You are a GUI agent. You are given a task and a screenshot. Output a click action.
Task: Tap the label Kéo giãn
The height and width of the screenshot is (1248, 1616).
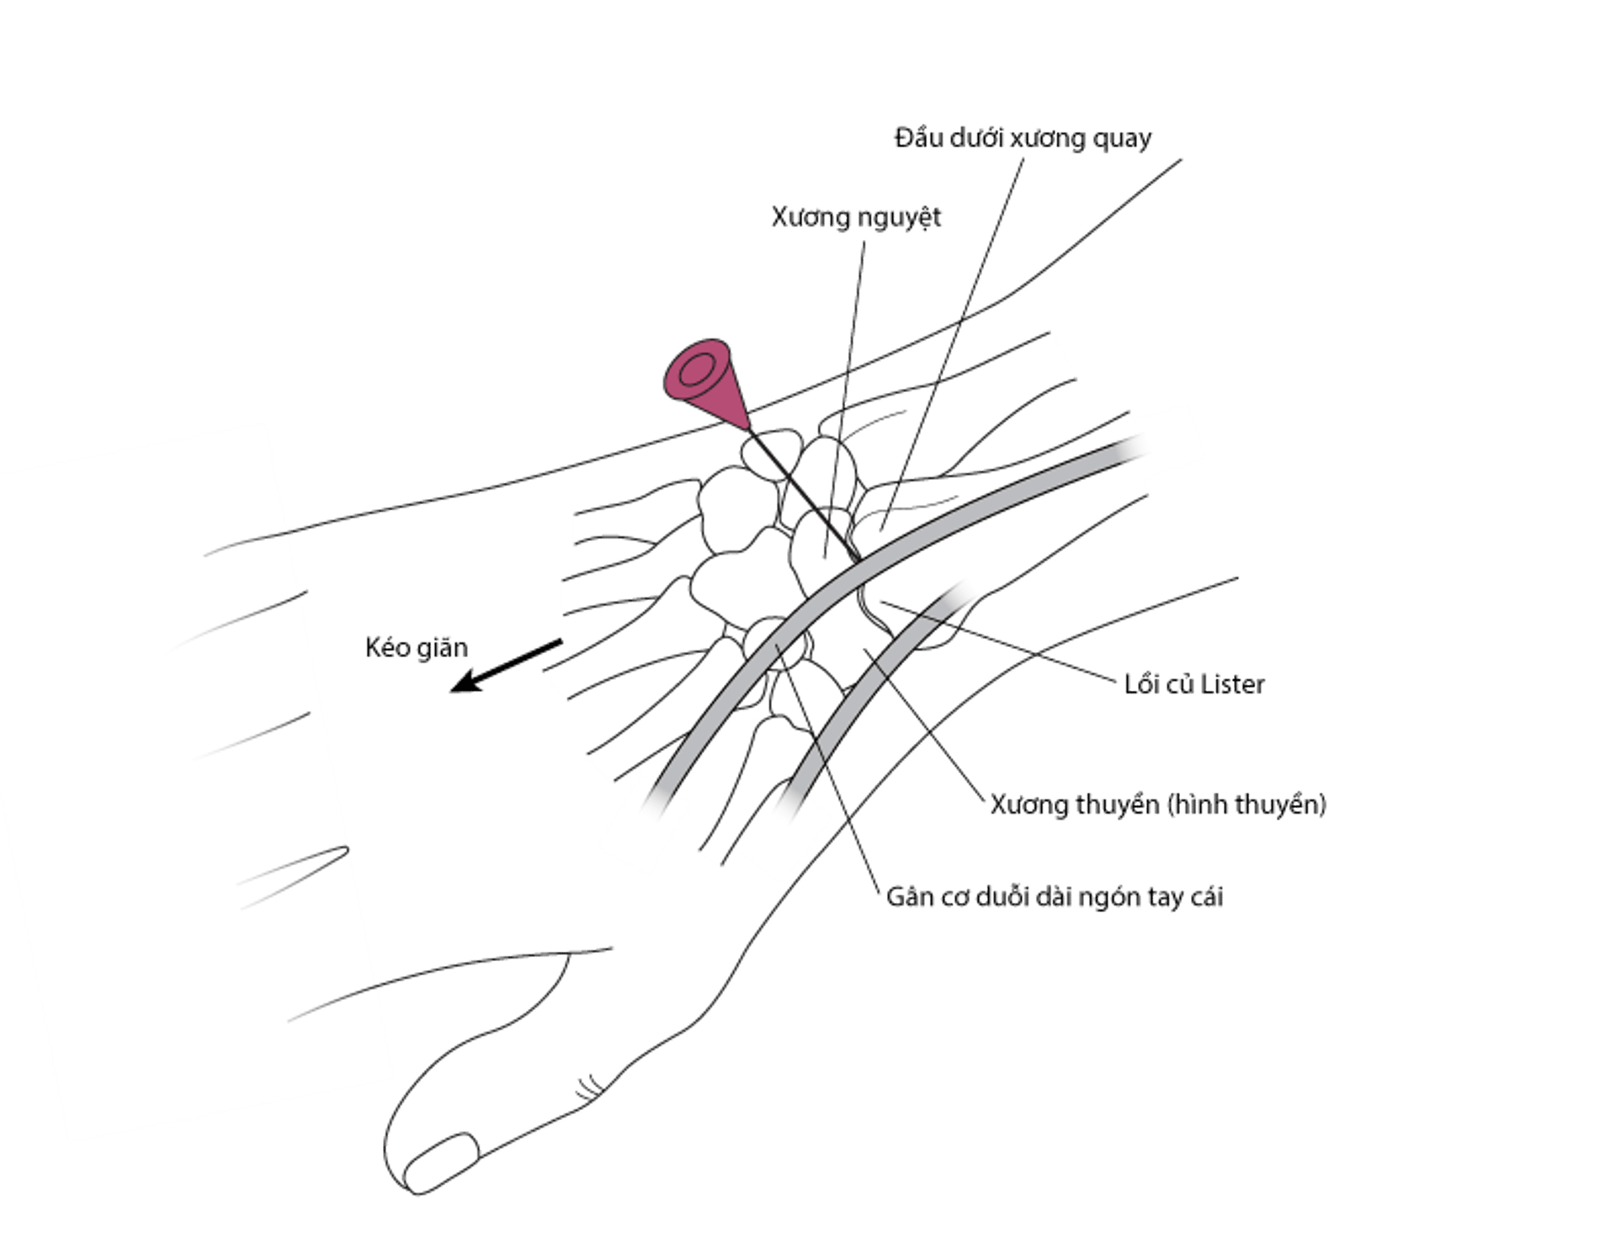coord(417,648)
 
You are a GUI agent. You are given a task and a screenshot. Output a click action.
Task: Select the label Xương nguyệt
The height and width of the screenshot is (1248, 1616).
coord(856,218)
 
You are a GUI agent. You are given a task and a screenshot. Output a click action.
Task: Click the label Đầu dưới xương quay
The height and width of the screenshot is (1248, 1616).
coord(1023,138)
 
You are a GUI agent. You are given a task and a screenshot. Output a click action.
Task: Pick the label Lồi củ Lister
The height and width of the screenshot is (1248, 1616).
coord(1194,684)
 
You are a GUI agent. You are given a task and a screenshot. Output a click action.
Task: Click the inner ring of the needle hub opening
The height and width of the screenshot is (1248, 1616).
coord(696,369)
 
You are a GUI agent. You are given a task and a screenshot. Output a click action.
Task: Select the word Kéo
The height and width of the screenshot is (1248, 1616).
coord(385,648)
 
